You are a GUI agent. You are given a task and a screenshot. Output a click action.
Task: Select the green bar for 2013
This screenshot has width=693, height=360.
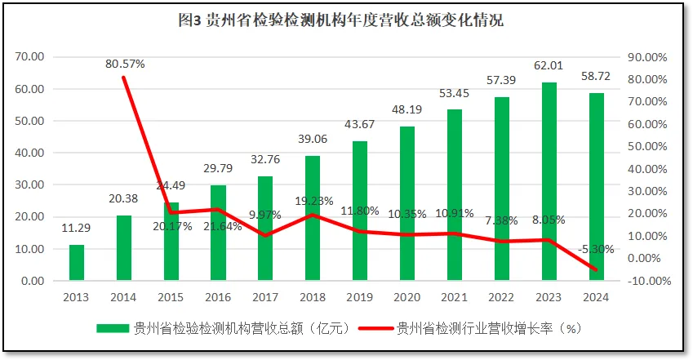[x=76, y=262]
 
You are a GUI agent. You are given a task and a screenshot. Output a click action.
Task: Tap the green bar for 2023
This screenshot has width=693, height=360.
[x=549, y=181]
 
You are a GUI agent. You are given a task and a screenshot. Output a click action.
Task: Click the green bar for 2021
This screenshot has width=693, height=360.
[x=455, y=195]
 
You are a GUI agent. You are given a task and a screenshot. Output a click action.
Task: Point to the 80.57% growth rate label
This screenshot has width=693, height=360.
[x=125, y=64]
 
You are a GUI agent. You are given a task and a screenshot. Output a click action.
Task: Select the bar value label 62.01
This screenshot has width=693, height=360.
[x=549, y=68]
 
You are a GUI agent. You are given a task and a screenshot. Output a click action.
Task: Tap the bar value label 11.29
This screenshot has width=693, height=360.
[x=76, y=228]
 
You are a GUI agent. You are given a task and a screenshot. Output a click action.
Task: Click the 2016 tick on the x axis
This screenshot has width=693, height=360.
[x=218, y=298]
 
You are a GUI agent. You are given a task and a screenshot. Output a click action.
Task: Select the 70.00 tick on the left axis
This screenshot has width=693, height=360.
[x=30, y=57]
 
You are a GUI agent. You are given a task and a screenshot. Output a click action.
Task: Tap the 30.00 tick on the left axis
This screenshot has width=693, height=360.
[x=30, y=185]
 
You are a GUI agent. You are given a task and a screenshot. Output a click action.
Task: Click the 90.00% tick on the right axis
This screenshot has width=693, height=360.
[x=649, y=57]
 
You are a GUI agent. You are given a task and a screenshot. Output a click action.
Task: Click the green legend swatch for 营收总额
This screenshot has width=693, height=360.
[x=113, y=329]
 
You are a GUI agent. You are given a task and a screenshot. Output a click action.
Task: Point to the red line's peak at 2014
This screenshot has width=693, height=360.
[x=123, y=78]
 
